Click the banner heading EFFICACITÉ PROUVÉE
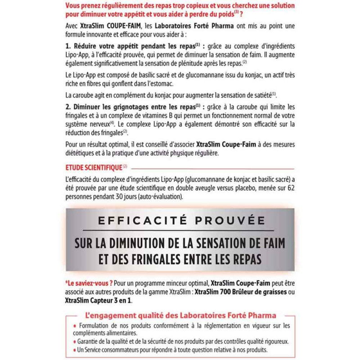[x=180, y=220]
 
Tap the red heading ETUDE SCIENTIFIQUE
[x=92, y=167]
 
